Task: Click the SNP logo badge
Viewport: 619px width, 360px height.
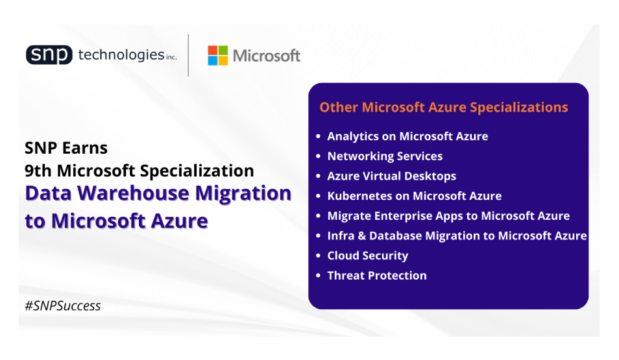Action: coord(49,54)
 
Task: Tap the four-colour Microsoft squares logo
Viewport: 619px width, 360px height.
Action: coord(218,55)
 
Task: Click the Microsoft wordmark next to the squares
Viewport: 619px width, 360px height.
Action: coord(267,56)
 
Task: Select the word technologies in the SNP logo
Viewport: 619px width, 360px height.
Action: coord(121,55)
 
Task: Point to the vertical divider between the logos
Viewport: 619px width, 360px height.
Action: coord(188,55)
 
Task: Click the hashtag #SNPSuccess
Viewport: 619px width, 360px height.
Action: coord(63,306)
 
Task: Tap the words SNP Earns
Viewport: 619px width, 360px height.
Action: coord(66,148)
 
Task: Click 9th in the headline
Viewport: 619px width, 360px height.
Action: coord(38,171)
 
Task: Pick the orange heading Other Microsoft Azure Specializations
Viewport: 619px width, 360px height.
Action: coord(444,108)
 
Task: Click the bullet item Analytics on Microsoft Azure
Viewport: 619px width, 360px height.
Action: coord(407,137)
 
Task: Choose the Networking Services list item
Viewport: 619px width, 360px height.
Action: coord(385,156)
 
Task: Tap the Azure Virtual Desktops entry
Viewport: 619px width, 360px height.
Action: coord(392,176)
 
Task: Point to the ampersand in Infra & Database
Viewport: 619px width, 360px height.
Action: coord(362,236)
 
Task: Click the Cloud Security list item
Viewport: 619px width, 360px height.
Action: coord(367,256)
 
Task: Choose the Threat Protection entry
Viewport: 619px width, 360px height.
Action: coord(377,276)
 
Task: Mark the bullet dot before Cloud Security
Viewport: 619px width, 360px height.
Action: coord(318,256)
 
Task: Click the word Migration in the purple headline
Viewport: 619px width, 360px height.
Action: coord(243,194)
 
